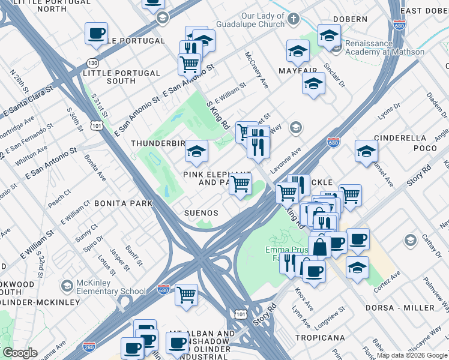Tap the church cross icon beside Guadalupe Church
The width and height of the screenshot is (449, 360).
click(x=293, y=19)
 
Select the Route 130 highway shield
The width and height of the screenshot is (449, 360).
click(x=92, y=63)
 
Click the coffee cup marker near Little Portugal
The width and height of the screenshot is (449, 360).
click(x=96, y=34)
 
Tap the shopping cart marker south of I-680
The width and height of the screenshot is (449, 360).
click(x=187, y=295)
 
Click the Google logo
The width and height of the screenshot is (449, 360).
click(x=20, y=353)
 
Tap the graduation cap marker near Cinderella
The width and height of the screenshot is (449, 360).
click(x=366, y=151)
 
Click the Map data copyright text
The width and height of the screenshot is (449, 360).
click(x=412, y=355)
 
